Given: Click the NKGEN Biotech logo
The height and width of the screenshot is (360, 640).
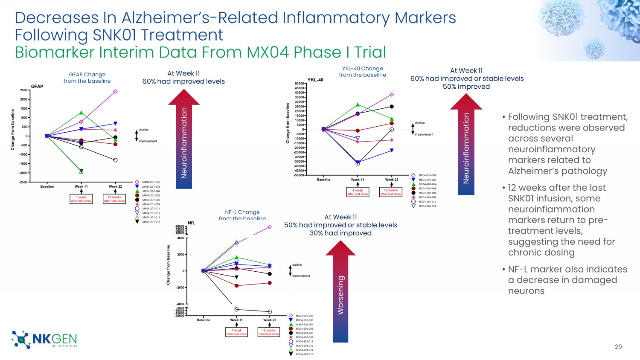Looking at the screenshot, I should click(44, 340).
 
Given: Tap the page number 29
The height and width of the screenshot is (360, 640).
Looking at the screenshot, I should click(618, 347).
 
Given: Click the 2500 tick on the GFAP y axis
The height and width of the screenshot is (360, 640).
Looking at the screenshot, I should click(24, 90).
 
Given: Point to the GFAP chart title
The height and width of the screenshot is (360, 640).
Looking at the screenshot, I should click(37, 87).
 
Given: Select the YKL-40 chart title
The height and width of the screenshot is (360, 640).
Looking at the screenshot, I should click(315, 80).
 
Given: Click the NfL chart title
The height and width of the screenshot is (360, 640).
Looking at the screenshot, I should click(192, 223).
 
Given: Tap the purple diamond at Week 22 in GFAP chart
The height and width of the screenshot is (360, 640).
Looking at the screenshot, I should click(115, 91).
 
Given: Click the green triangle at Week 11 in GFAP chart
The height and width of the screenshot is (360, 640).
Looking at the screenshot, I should click(81, 113).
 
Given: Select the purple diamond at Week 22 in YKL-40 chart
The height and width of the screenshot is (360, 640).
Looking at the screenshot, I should click(392, 95).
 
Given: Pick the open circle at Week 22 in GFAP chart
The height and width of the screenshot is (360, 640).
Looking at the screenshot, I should click(115, 160).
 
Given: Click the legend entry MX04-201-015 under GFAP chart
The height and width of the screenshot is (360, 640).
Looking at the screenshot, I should click(151, 222).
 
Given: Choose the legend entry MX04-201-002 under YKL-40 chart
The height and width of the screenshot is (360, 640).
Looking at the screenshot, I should click(427, 175).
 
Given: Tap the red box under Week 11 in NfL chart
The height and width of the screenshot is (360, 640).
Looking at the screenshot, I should click(236, 332).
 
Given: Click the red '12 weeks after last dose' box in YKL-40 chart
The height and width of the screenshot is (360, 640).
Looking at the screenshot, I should click(391, 192).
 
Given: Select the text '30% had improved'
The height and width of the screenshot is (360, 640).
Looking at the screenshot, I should click(340, 233).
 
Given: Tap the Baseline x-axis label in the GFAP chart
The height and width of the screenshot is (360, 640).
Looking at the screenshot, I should click(47, 186).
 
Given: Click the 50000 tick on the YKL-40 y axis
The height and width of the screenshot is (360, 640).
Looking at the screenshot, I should click(299, 84).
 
